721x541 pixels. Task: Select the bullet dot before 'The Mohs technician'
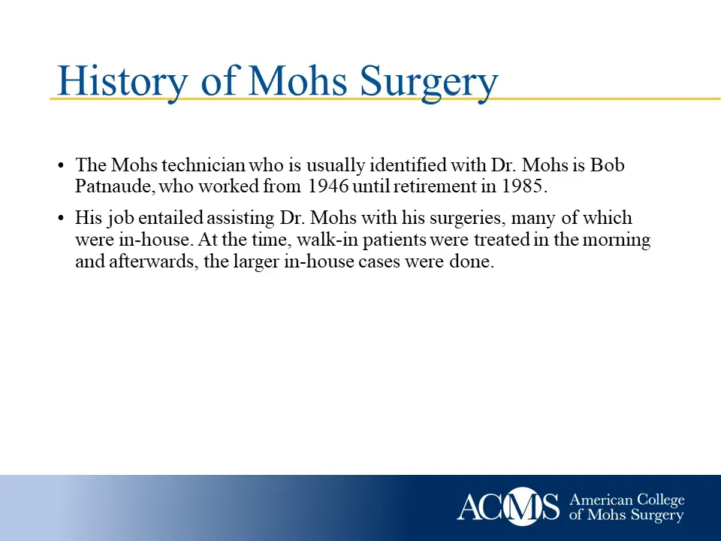coord(61,165)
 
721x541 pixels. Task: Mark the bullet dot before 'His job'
coord(61,219)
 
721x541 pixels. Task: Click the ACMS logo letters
coord(508,506)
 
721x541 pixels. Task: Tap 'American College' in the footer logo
coord(627,500)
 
